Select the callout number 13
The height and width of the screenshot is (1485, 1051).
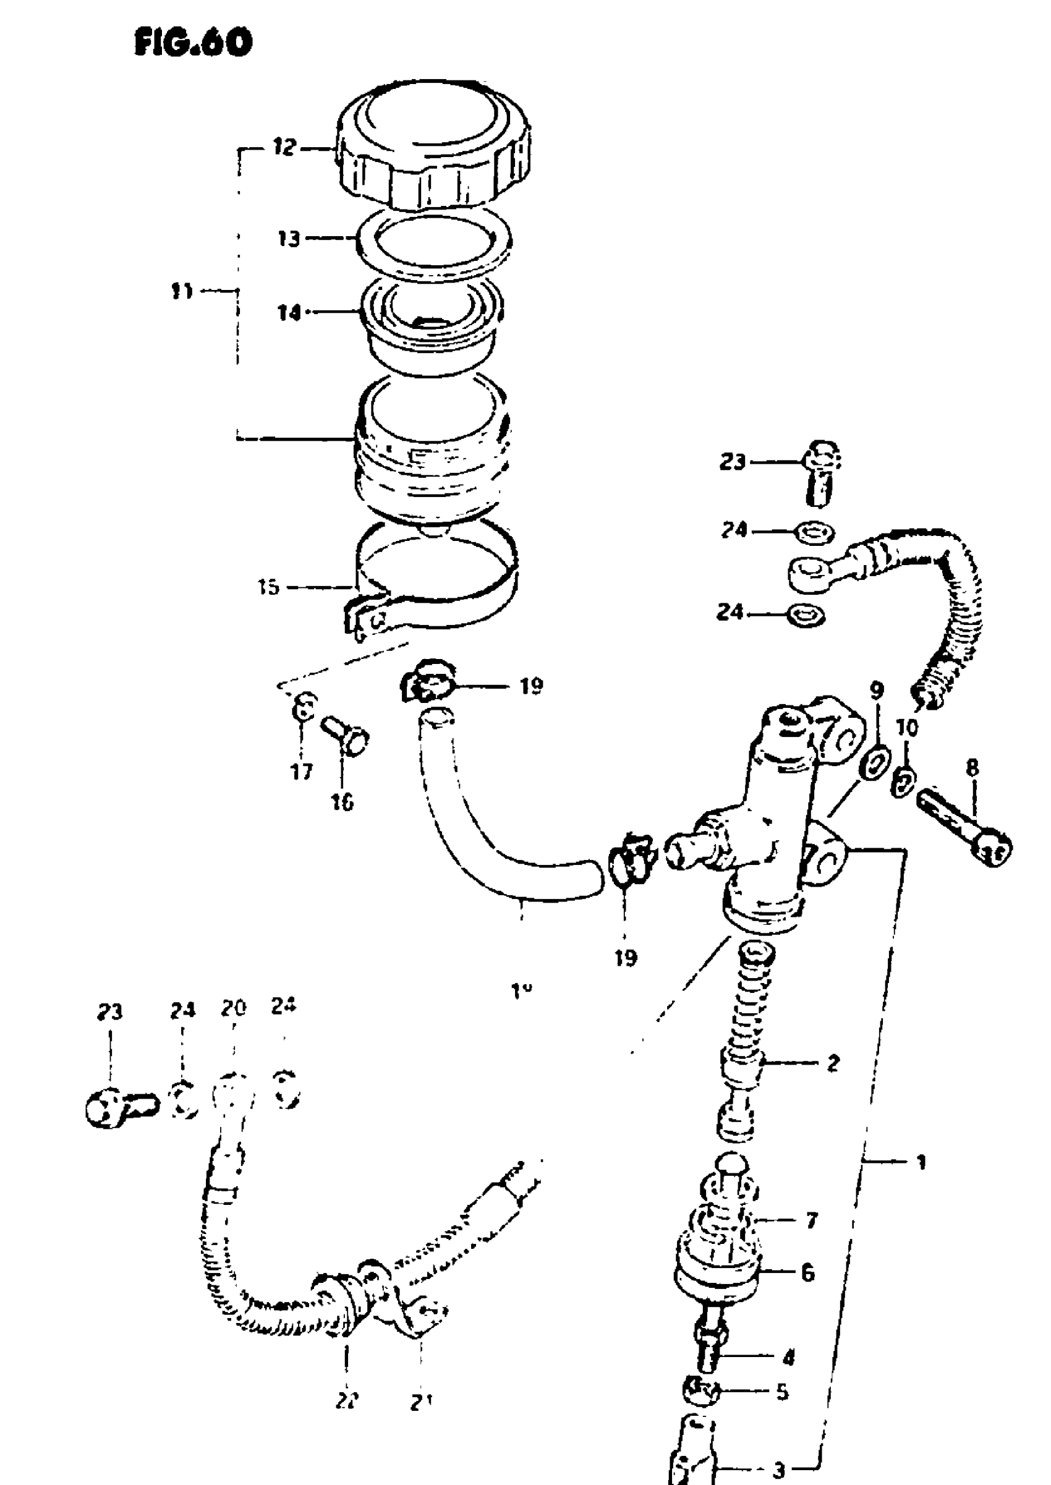tap(289, 239)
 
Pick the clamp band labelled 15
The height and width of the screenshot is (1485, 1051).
tap(438, 582)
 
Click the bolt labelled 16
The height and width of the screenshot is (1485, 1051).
tap(345, 738)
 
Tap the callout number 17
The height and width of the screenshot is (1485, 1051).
tap(302, 772)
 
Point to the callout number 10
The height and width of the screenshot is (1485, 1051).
tap(907, 728)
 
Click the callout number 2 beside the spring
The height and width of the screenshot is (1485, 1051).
tap(833, 1063)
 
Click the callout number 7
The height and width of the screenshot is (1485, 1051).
tap(812, 1220)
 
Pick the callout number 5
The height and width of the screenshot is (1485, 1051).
tap(782, 1391)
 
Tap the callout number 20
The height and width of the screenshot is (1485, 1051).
tap(233, 1008)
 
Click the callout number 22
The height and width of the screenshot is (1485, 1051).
tap(347, 1401)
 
